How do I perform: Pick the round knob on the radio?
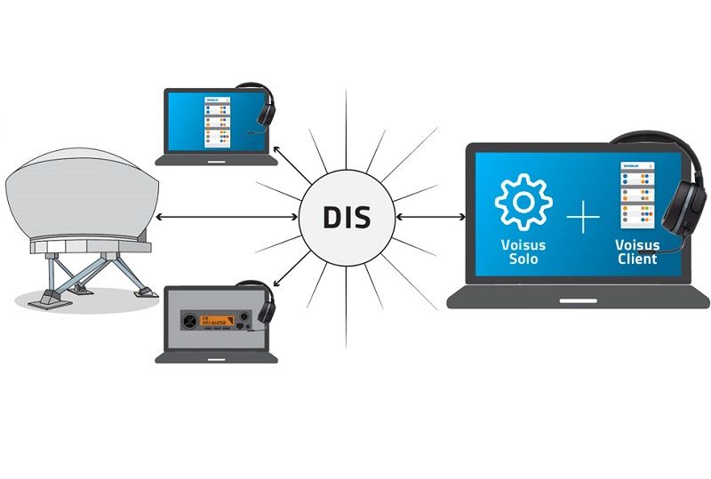(x=189, y=320)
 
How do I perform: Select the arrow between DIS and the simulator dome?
(x=227, y=217)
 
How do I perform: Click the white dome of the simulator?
(x=80, y=196)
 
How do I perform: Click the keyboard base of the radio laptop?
(x=216, y=357)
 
